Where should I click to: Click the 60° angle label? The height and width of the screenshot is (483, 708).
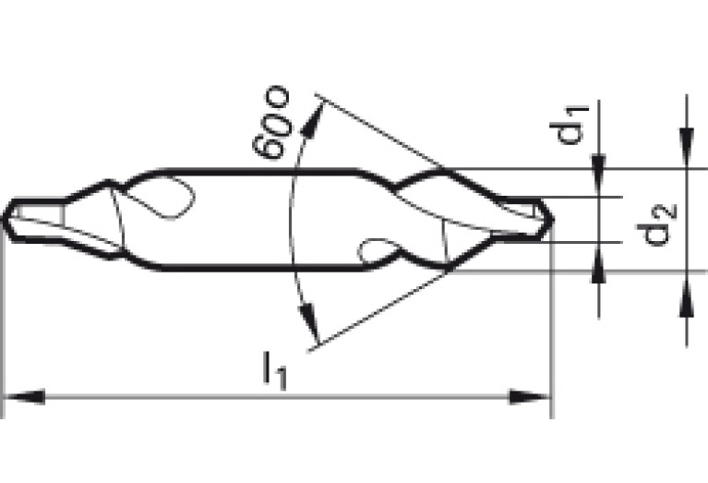pyautogui.click(x=270, y=122)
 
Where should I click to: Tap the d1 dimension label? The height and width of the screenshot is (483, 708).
pyautogui.click(x=570, y=126)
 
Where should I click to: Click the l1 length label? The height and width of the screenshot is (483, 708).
pyautogui.click(x=274, y=371)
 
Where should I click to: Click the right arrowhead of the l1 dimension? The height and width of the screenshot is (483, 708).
pyautogui.click(x=529, y=397)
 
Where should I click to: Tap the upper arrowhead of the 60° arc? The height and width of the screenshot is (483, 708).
pyautogui.click(x=312, y=120)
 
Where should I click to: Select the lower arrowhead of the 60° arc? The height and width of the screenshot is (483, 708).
pyautogui.click(x=309, y=321)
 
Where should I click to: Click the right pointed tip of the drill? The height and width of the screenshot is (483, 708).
pyautogui.click(x=553, y=220)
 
